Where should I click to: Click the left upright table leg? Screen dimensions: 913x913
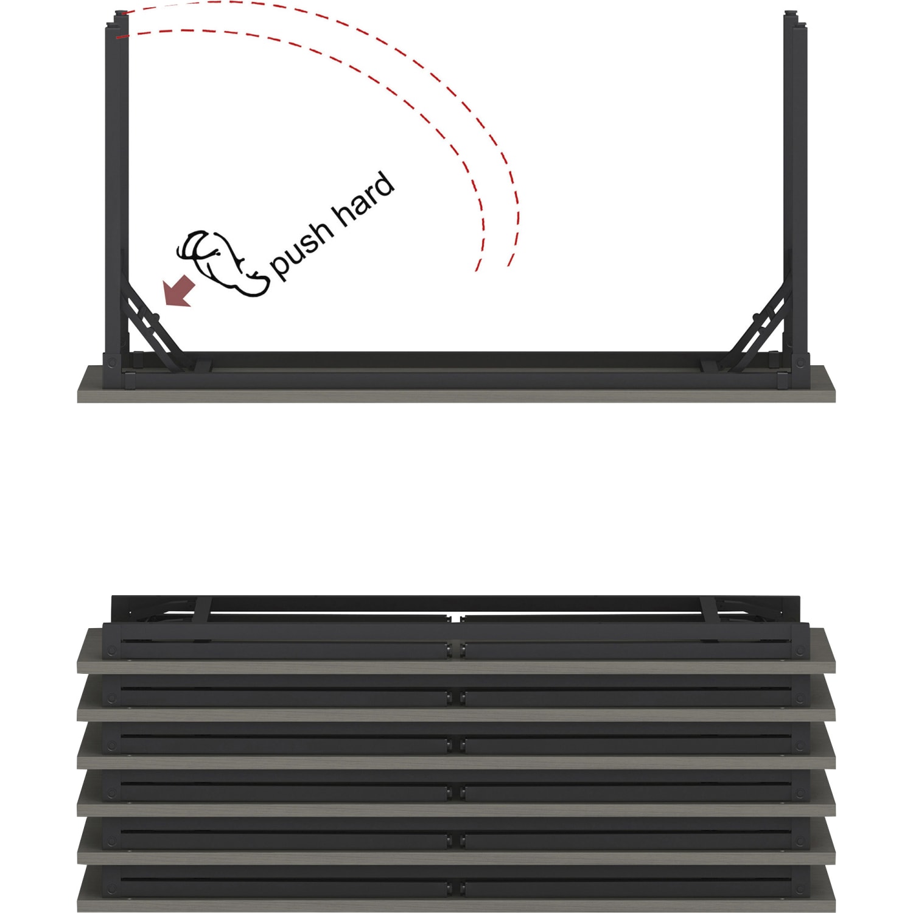(116, 195)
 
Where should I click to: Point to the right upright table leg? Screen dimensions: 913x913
(796, 195)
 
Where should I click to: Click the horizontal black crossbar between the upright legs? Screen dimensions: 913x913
(456, 360)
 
